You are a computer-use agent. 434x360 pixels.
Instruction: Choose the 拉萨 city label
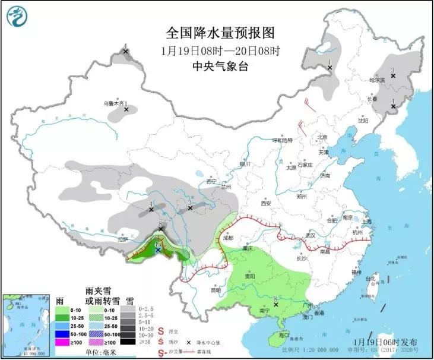pyautogui.click(x=123, y=239)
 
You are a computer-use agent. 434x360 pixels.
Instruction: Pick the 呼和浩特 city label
pyautogui.click(x=283, y=141)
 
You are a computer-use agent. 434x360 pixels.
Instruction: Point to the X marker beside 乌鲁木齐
pyautogui.click(x=126, y=109)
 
